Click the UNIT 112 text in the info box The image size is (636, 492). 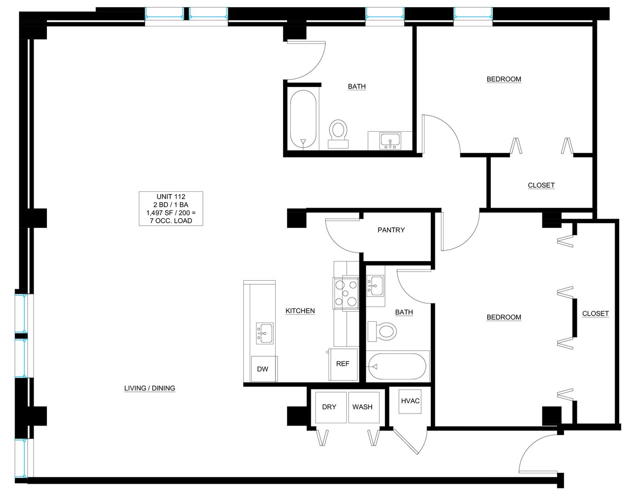171,197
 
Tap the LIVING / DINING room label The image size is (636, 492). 150,388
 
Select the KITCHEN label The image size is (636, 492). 300,311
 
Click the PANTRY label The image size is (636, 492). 391,230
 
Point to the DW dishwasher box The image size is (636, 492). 264,369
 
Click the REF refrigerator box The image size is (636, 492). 343,364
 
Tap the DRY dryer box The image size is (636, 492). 331,407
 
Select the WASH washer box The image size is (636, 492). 364,407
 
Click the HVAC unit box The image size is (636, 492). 410,401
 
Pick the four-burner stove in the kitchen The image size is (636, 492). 346,293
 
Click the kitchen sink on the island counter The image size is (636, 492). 265,333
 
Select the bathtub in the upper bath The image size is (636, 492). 303,119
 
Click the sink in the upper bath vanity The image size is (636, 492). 390,141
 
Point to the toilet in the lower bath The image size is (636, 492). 382,332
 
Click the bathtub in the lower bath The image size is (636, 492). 397,366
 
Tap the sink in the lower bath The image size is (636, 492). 375,286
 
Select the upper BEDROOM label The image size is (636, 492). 504,79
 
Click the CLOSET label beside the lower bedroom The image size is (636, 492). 596,313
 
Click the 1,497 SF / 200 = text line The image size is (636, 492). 171,213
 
